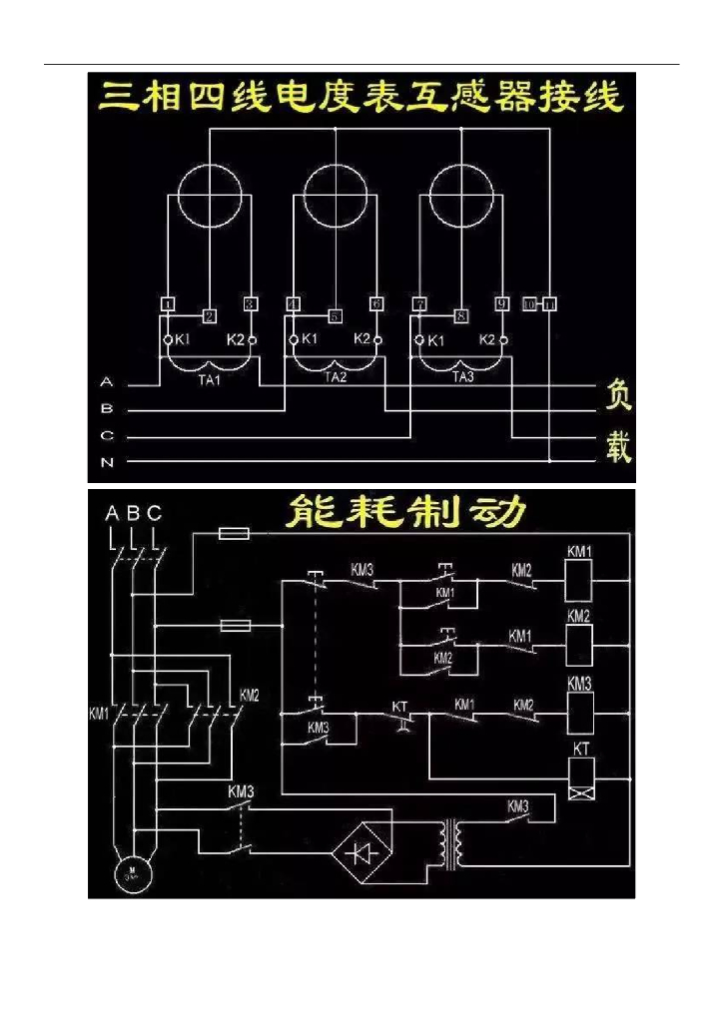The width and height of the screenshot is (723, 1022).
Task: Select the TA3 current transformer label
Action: click(462, 378)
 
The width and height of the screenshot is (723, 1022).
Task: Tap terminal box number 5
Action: click(336, 316)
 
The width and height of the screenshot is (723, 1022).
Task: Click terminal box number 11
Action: click(550, 302)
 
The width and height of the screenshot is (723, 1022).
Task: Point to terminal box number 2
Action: click(209, 316)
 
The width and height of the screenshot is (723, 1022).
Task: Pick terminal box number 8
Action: click(461, 316)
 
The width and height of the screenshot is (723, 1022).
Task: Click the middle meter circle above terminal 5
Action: click(336, 195)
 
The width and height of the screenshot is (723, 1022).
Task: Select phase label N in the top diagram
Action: click(107, 462)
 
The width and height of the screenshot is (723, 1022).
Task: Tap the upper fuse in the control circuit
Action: click(234, 536)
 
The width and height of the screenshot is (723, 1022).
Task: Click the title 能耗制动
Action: click(403, 513)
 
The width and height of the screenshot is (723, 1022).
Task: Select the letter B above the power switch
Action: click(133, 513)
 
